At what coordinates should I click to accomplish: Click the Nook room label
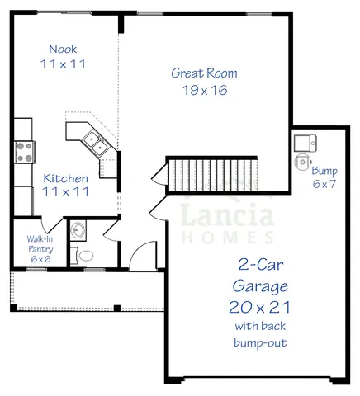point(64,48)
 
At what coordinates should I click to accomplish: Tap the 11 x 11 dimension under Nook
point(64,63)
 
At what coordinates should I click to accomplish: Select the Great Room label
point(204,73)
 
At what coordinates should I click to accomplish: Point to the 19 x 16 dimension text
point(204,90)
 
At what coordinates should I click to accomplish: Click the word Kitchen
point(66,177)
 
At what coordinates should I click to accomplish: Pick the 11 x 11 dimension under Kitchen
point(66,192)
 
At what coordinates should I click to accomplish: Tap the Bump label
point(323,171)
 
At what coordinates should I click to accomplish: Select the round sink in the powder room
point(77,230)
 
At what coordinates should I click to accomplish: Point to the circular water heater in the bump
point(302,162)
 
